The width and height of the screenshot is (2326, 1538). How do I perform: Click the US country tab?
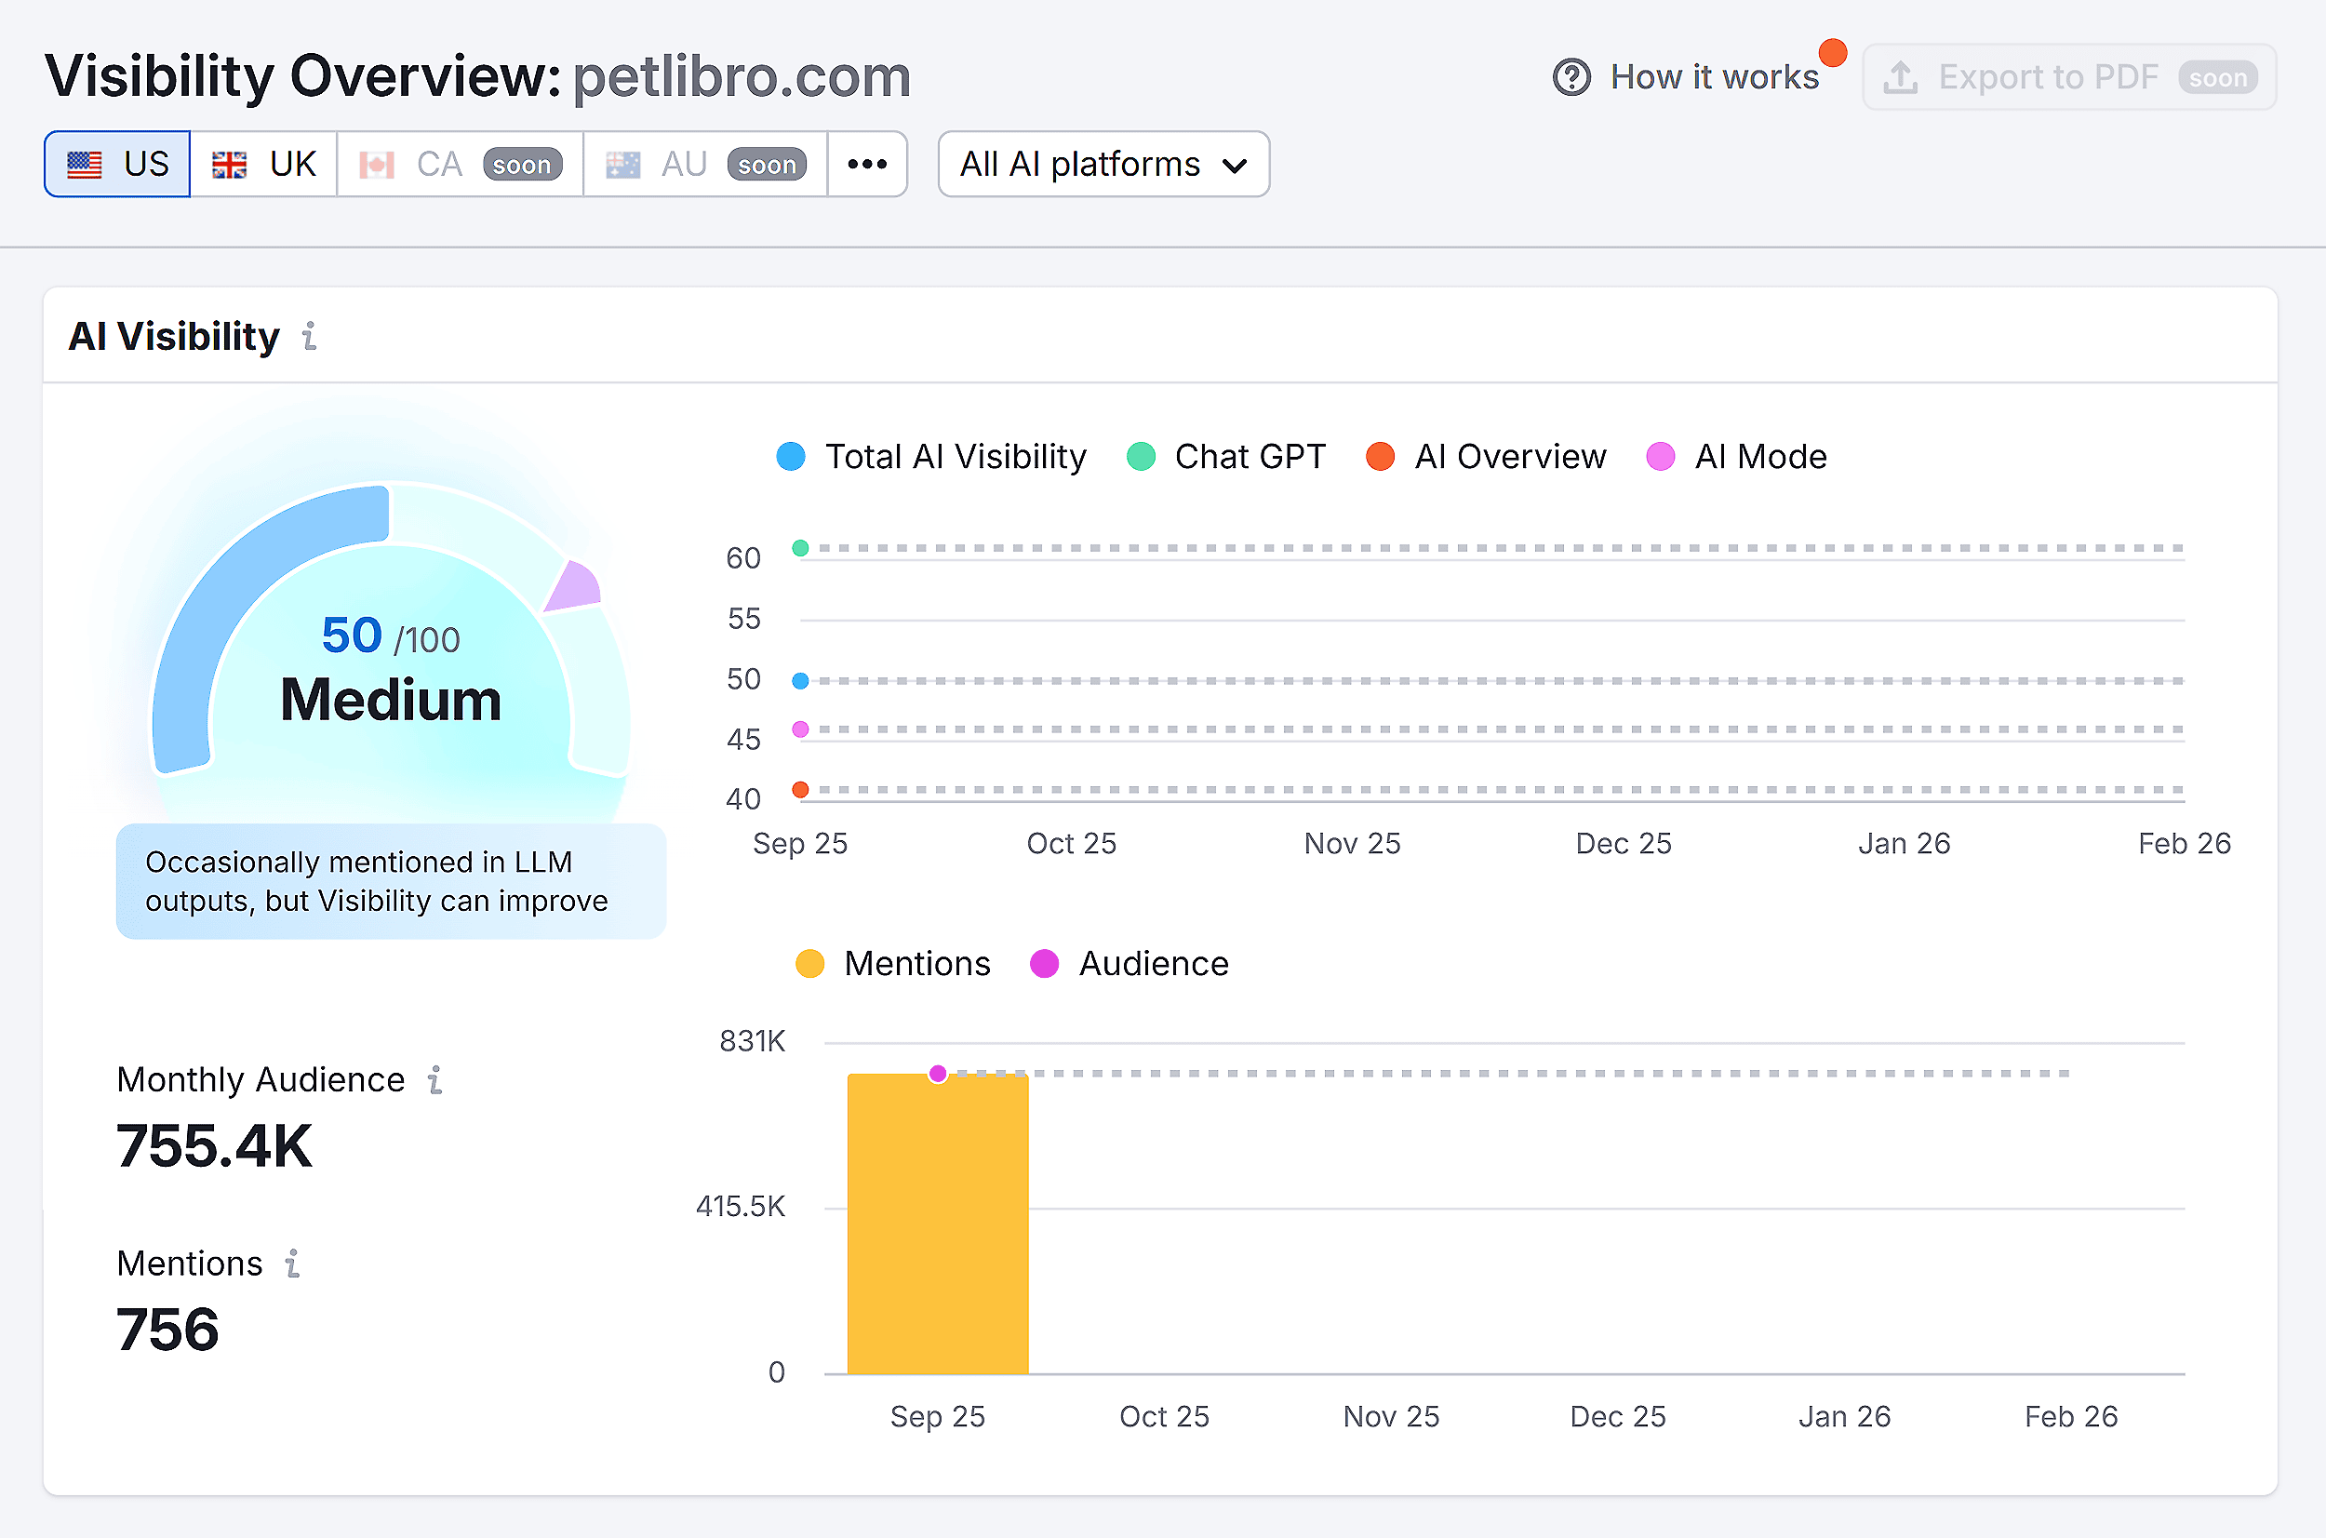(117, 164)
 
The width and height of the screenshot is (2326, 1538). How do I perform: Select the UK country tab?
(264, 164)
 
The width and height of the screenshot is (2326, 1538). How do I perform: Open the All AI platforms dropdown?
(1103, 164)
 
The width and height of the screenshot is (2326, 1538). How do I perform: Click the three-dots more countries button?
(867, 164)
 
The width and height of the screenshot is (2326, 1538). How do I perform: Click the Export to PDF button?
(2069, 77)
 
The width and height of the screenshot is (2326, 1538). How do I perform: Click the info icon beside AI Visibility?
(310, 337)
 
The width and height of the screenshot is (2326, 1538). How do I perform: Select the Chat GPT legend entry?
(1227, 457)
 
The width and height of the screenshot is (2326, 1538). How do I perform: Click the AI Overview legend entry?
(1487, 457)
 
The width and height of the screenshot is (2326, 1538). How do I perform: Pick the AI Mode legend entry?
(1737, 457)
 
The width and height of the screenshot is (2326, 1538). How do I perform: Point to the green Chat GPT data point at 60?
(800, 548)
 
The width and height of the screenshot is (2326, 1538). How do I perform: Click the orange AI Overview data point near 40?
(800, 790)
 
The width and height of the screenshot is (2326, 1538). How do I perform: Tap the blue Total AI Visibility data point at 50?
(800, 681)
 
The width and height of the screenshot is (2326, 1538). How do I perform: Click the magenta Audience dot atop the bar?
(938, 1074)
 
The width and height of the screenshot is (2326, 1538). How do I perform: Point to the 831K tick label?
(752, 1042)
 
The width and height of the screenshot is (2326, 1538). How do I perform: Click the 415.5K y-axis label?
(741, 1207)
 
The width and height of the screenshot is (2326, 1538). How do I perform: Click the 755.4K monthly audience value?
(214, 1145)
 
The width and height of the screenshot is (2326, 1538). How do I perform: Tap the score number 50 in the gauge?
(351, 635)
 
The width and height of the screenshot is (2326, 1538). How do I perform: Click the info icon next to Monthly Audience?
(435, 1080)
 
